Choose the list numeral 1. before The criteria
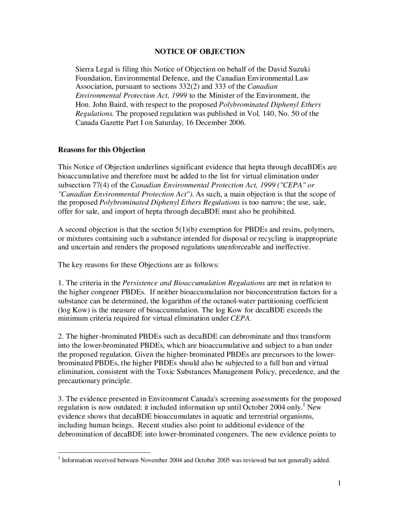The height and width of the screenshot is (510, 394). click(x=61, y=283)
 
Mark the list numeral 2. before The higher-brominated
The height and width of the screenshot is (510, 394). click(x=61, y=337)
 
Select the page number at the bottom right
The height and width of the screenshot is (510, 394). click(x=338, y=483)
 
